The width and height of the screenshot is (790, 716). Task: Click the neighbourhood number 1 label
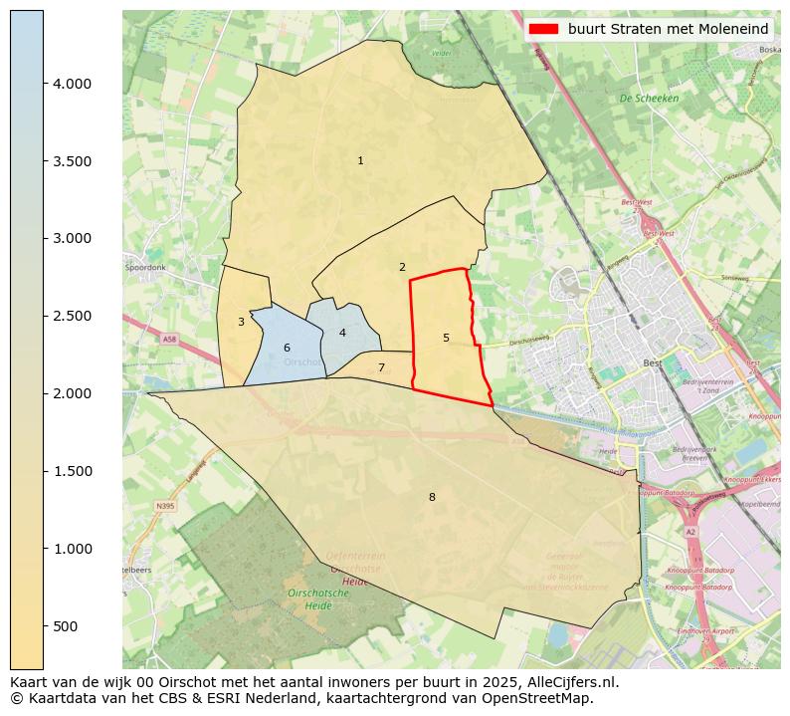[360, 160]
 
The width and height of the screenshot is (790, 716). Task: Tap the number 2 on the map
[402, 267]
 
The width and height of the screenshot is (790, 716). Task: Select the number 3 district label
[241, 322]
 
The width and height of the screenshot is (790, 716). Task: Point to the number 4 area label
[342, 333]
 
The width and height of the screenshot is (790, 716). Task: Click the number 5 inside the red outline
[446, 338]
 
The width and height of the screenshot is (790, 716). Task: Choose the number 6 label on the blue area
[287, 348]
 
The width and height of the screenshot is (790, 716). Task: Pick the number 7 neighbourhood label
[381, 367]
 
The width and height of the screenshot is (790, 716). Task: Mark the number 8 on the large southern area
[432, 497]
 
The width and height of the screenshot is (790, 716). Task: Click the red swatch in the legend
[544, 29]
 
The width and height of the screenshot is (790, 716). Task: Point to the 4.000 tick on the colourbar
[72, 84]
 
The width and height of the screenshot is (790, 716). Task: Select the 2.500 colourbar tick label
[72, 316]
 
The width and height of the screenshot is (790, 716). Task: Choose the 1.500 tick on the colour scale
[72, 471]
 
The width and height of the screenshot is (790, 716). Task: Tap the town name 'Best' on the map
[653, 363]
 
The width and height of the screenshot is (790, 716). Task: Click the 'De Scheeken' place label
[649, 99]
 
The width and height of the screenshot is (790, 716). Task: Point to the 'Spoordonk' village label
[145, 268]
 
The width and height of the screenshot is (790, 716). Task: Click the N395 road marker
[164, 506]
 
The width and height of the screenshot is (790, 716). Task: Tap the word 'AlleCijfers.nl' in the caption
[573, 682]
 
